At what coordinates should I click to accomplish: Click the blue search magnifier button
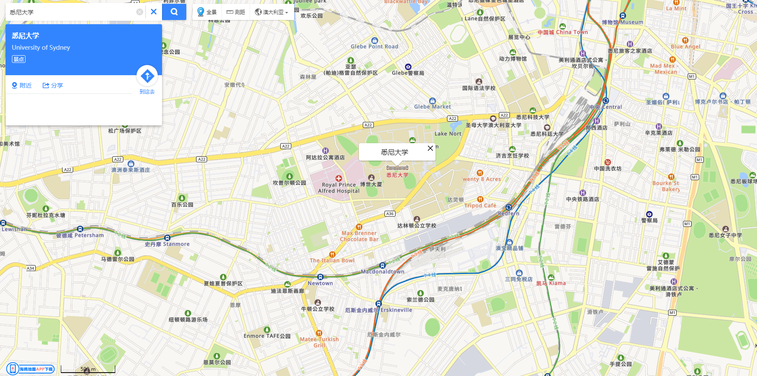(x=174, y=12)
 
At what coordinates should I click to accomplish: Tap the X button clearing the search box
(x=154, y=12)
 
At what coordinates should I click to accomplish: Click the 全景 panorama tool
(x=207, y=12)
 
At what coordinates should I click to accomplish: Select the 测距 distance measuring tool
(x=236, y=12)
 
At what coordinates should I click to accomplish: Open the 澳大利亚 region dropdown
(x=271, y=12)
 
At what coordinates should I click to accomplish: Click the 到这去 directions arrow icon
(x=147, y=76)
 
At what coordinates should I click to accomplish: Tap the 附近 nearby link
(x=22, y=85)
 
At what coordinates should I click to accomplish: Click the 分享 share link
(x=53, y=85)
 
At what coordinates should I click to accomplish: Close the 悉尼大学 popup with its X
(x=430, y=148)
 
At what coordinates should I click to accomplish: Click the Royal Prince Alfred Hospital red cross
(x=339, y=178)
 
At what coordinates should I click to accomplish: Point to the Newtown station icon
(x=320, y=277)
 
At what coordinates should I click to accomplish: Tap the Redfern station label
(x=509, y=213)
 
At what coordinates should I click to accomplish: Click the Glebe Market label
(x=432, y=107)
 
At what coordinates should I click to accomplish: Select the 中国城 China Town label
(x=562, y=32)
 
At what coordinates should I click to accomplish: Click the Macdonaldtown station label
(x=382, y=271)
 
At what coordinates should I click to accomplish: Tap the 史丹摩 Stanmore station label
(x=167, y=244)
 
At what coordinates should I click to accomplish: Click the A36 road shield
(x=390, y=214)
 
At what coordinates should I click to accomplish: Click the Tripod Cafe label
(x=480, y=205)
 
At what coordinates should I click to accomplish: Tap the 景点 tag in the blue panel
(x=19, y=59)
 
